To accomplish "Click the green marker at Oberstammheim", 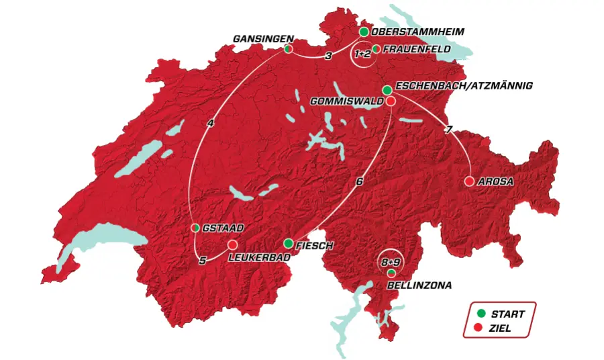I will coord(364,32).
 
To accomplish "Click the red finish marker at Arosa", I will coord(469,181).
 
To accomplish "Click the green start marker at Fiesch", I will coord(288,243).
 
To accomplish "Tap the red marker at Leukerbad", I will coord(233,244).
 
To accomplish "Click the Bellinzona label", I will coord(419,285).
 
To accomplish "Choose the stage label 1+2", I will coord(362,54).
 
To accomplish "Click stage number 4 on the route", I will coord(211,123).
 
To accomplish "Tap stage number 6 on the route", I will coord(360,181).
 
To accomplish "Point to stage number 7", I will coord(448,130).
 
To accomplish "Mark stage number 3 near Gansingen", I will coord(328,56).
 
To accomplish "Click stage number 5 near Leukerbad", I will coord(201,261).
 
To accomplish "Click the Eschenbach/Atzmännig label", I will coord(464,86).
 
